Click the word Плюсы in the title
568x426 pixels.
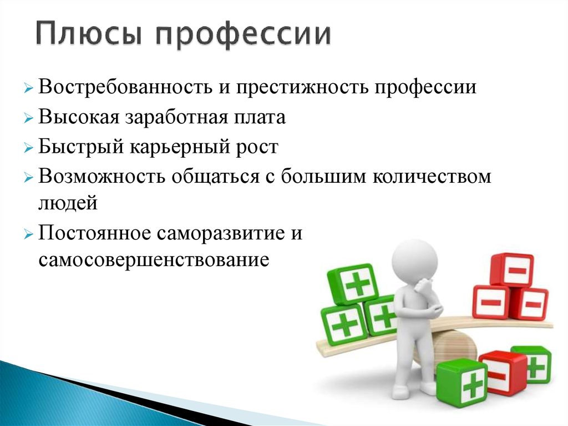(88, 34)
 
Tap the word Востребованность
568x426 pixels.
(125, 87)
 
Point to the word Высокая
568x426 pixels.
(78, 117)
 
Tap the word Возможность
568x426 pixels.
(102, 177)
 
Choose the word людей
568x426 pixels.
(68, 203)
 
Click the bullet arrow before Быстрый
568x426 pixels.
(28, 148)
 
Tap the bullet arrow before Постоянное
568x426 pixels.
(28, 234)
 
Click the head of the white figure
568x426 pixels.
(414, 260)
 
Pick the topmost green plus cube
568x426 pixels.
(352, 284)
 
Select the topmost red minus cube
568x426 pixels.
(512, 269)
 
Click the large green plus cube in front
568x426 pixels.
(461, 383)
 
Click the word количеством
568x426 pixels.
(432, 177)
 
